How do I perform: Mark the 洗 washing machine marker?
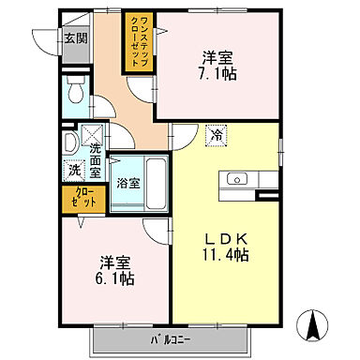pos(73,172)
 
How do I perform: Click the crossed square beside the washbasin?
pos(92,133)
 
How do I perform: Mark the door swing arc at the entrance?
pos(45,41)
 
